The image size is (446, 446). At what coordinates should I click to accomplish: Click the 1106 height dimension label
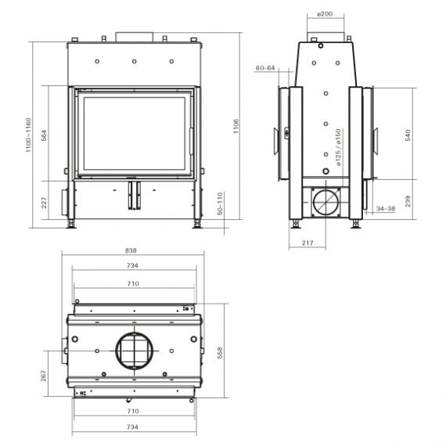236,126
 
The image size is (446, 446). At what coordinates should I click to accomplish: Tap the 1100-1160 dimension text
28,135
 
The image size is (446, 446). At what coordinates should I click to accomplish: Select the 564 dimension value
44,135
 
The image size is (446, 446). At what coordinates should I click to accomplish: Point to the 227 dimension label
44,203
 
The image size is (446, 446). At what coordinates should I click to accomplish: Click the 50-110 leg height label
220,203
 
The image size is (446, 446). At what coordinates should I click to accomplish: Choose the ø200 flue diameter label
325,13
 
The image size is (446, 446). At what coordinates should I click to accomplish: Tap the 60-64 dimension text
265,68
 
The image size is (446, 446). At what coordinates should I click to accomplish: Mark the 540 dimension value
408,135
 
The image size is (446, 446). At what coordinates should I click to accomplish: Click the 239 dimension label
408,201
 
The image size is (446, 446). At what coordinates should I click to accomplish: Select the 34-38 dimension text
386,208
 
